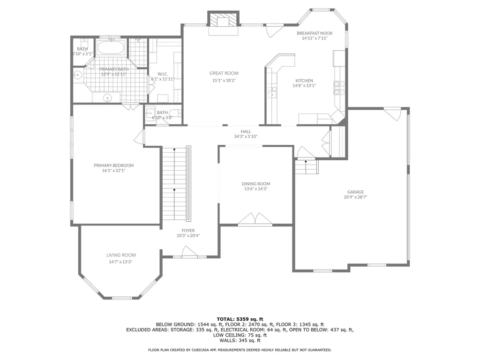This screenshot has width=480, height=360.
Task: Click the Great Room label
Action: click(x=224, y=73)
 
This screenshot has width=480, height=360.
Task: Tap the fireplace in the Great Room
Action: click(x=223, y=21)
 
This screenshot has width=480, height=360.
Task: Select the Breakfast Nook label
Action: click(x=315, y=33)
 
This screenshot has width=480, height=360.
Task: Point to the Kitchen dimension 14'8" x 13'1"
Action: click(x=304, y=86)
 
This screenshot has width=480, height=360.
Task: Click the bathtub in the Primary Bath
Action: click(x=111, y=48)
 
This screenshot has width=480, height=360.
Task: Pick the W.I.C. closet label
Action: click(x=163, y=74)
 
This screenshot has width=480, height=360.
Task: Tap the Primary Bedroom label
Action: click(x=113, y=165)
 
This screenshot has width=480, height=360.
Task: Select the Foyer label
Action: click(x=188, y=231)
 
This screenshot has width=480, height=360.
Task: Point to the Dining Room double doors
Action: click(x=255, y=220)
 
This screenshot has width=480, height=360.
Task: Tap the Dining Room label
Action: click(x=256, y=184)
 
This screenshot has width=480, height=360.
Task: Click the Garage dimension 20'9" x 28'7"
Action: click(x=355, y=197)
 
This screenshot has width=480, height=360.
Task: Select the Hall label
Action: click(x=246, y=132)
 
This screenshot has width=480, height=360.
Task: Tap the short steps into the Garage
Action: click(x=306, y=166)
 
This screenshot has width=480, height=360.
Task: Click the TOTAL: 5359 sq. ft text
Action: click(x=240, y=319)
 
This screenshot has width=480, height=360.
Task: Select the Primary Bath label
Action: click(x=113, y=69)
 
